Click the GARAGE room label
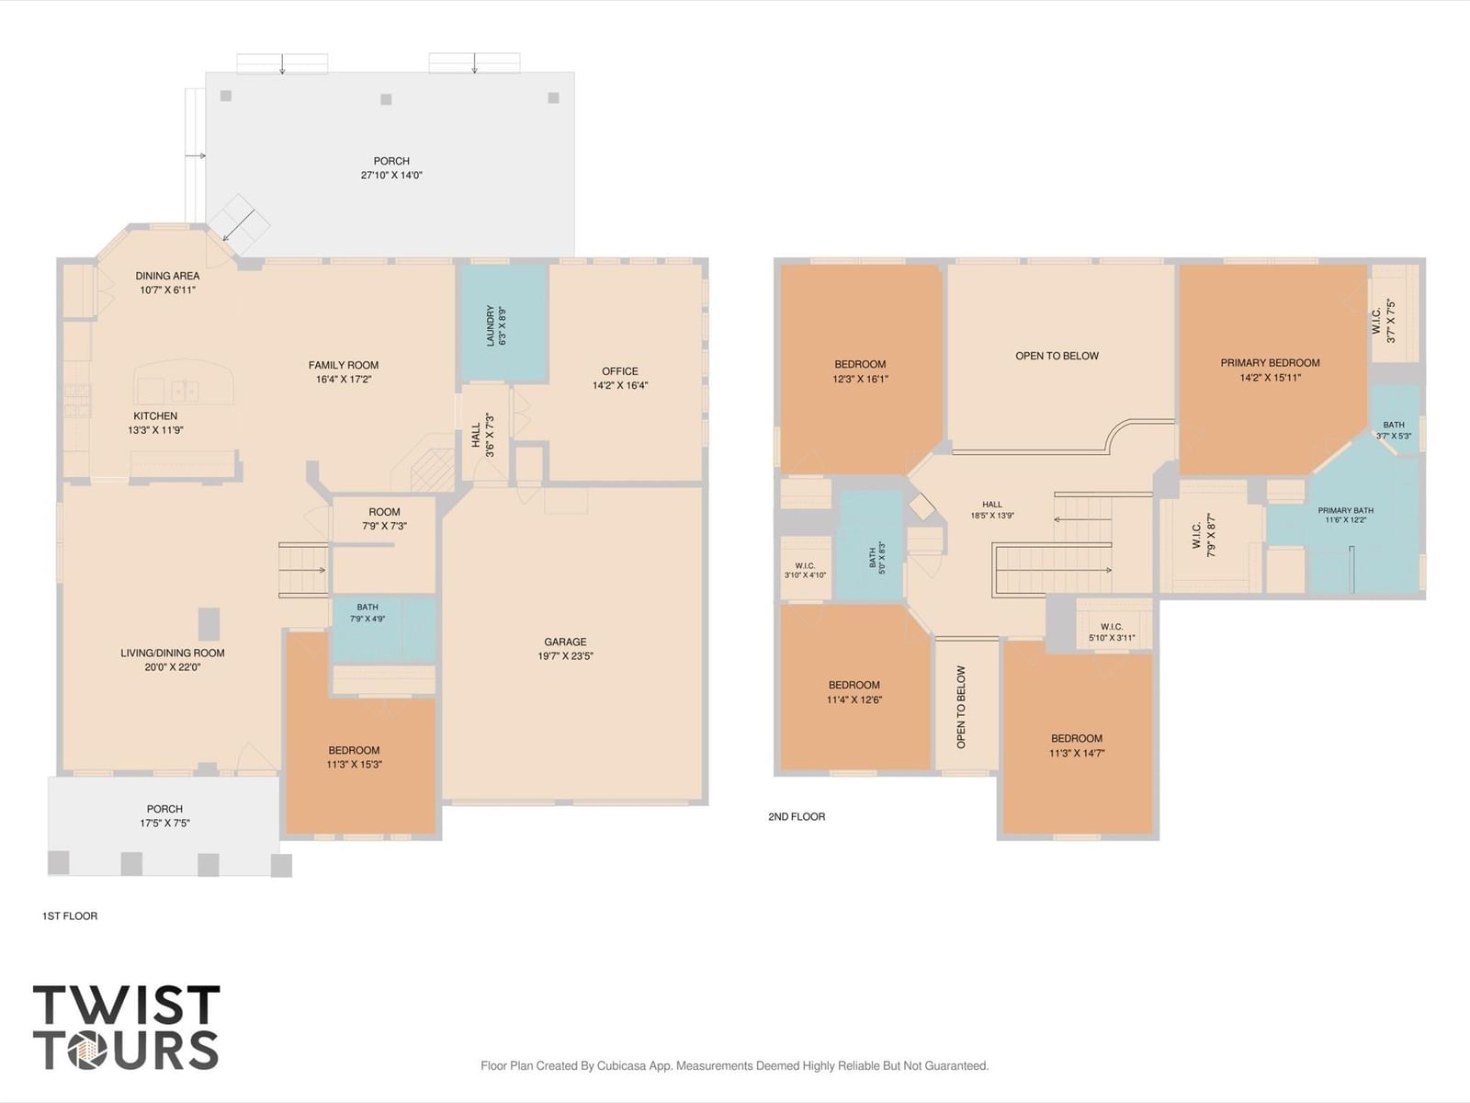point(565,642)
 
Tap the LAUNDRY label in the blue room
point(491,325)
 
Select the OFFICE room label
point(619,371)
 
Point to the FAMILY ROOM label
point(344,365)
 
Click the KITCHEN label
point(155,415)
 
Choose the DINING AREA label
point(167,275)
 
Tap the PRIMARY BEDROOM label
point(1270,363)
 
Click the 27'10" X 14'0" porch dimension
point(391,176)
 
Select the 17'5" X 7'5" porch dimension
point(164,823)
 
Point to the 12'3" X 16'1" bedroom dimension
point(860,379)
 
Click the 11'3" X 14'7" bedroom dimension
point(1077,753)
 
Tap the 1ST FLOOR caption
point(70,915)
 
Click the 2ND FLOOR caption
point(797,816)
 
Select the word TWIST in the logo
point(127,1004)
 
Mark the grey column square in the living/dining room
point(209,624)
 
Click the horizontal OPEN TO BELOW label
point(1057,356)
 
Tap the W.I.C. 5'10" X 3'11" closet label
point(1112,632)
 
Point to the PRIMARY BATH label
point(1345,510)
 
